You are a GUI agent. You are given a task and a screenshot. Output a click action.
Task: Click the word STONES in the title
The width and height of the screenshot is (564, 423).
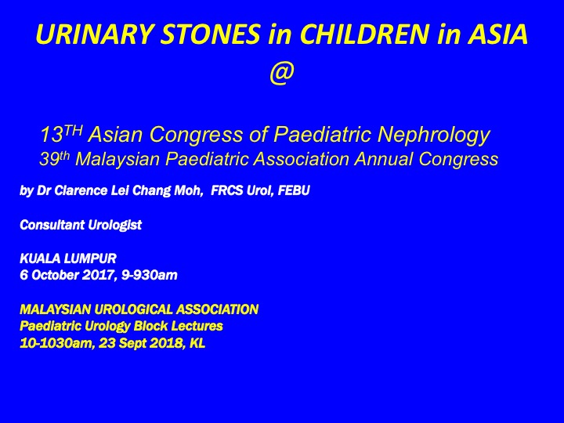210,34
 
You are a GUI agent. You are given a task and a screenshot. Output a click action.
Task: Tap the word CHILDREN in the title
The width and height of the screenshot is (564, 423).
364,34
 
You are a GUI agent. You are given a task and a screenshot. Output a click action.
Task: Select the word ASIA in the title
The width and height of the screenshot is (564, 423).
497,34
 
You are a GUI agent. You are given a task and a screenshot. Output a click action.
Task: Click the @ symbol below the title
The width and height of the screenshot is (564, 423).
282,73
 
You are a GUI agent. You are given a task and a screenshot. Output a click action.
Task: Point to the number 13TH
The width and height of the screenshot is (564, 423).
61,134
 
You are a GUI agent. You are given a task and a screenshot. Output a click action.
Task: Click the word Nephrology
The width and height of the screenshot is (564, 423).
434,135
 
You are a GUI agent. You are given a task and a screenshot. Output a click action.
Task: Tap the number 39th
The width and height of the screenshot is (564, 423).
54,158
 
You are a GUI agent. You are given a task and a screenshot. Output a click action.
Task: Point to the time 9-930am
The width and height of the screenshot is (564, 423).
150,275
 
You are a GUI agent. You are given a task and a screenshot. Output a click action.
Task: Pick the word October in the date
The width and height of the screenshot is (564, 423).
55,275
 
